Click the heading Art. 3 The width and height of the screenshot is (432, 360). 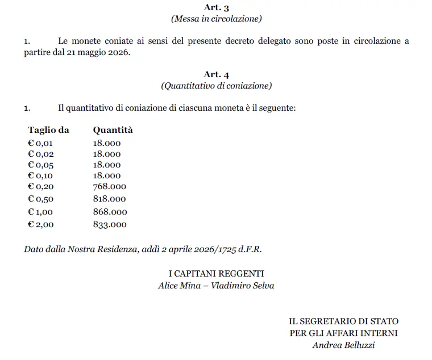coord(216,7)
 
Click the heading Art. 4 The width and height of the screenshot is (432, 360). coord(216,74)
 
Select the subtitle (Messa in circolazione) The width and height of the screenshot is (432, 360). coord(216,19)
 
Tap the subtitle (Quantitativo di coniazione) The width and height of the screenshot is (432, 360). coord(216,86)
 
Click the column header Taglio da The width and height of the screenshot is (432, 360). coord(48,130)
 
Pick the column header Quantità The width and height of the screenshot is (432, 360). coord(113,130)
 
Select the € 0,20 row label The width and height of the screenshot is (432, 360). coord(40,186)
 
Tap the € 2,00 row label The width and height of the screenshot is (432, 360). coord(40,224)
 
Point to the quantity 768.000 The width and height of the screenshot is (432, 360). coord(110,186)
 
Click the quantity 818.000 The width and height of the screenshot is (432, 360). coord(110,199)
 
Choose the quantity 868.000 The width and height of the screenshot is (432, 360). coord(110,212)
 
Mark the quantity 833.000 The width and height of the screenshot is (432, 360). coord(110,224)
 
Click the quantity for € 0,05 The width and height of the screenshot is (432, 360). coord(107,165)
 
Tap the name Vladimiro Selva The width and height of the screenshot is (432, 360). coord(243,286)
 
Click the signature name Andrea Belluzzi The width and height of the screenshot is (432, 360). coord(343,345)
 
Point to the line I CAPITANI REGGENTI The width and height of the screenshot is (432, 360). coord(216,274)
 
